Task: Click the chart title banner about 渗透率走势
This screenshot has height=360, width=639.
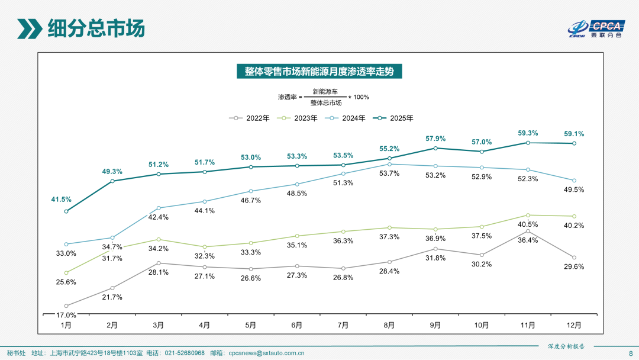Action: coord(319,71)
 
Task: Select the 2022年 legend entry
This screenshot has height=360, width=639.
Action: coord(250,118)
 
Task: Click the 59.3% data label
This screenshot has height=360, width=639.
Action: coord(528,133)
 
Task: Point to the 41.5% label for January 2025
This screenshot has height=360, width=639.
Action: coord(61,200)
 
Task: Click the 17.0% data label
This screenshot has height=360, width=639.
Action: coord(66,315)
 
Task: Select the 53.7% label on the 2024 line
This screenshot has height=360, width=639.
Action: coord(389,173)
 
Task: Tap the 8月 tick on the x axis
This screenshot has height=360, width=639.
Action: coord(389,325)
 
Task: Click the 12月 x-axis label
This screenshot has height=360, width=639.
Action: coord(574,325)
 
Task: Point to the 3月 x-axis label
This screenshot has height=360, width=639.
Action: coord(159,325)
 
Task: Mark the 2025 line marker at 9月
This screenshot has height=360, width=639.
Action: coord(435,148)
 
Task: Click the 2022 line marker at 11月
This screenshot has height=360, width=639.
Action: coord(528,231)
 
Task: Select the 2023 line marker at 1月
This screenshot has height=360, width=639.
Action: coord(66,273)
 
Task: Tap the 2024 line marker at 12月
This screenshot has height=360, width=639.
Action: coord(574,181)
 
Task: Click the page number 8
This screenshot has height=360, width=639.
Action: coord(630,353)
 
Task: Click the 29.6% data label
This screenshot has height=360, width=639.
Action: coord(574,266)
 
